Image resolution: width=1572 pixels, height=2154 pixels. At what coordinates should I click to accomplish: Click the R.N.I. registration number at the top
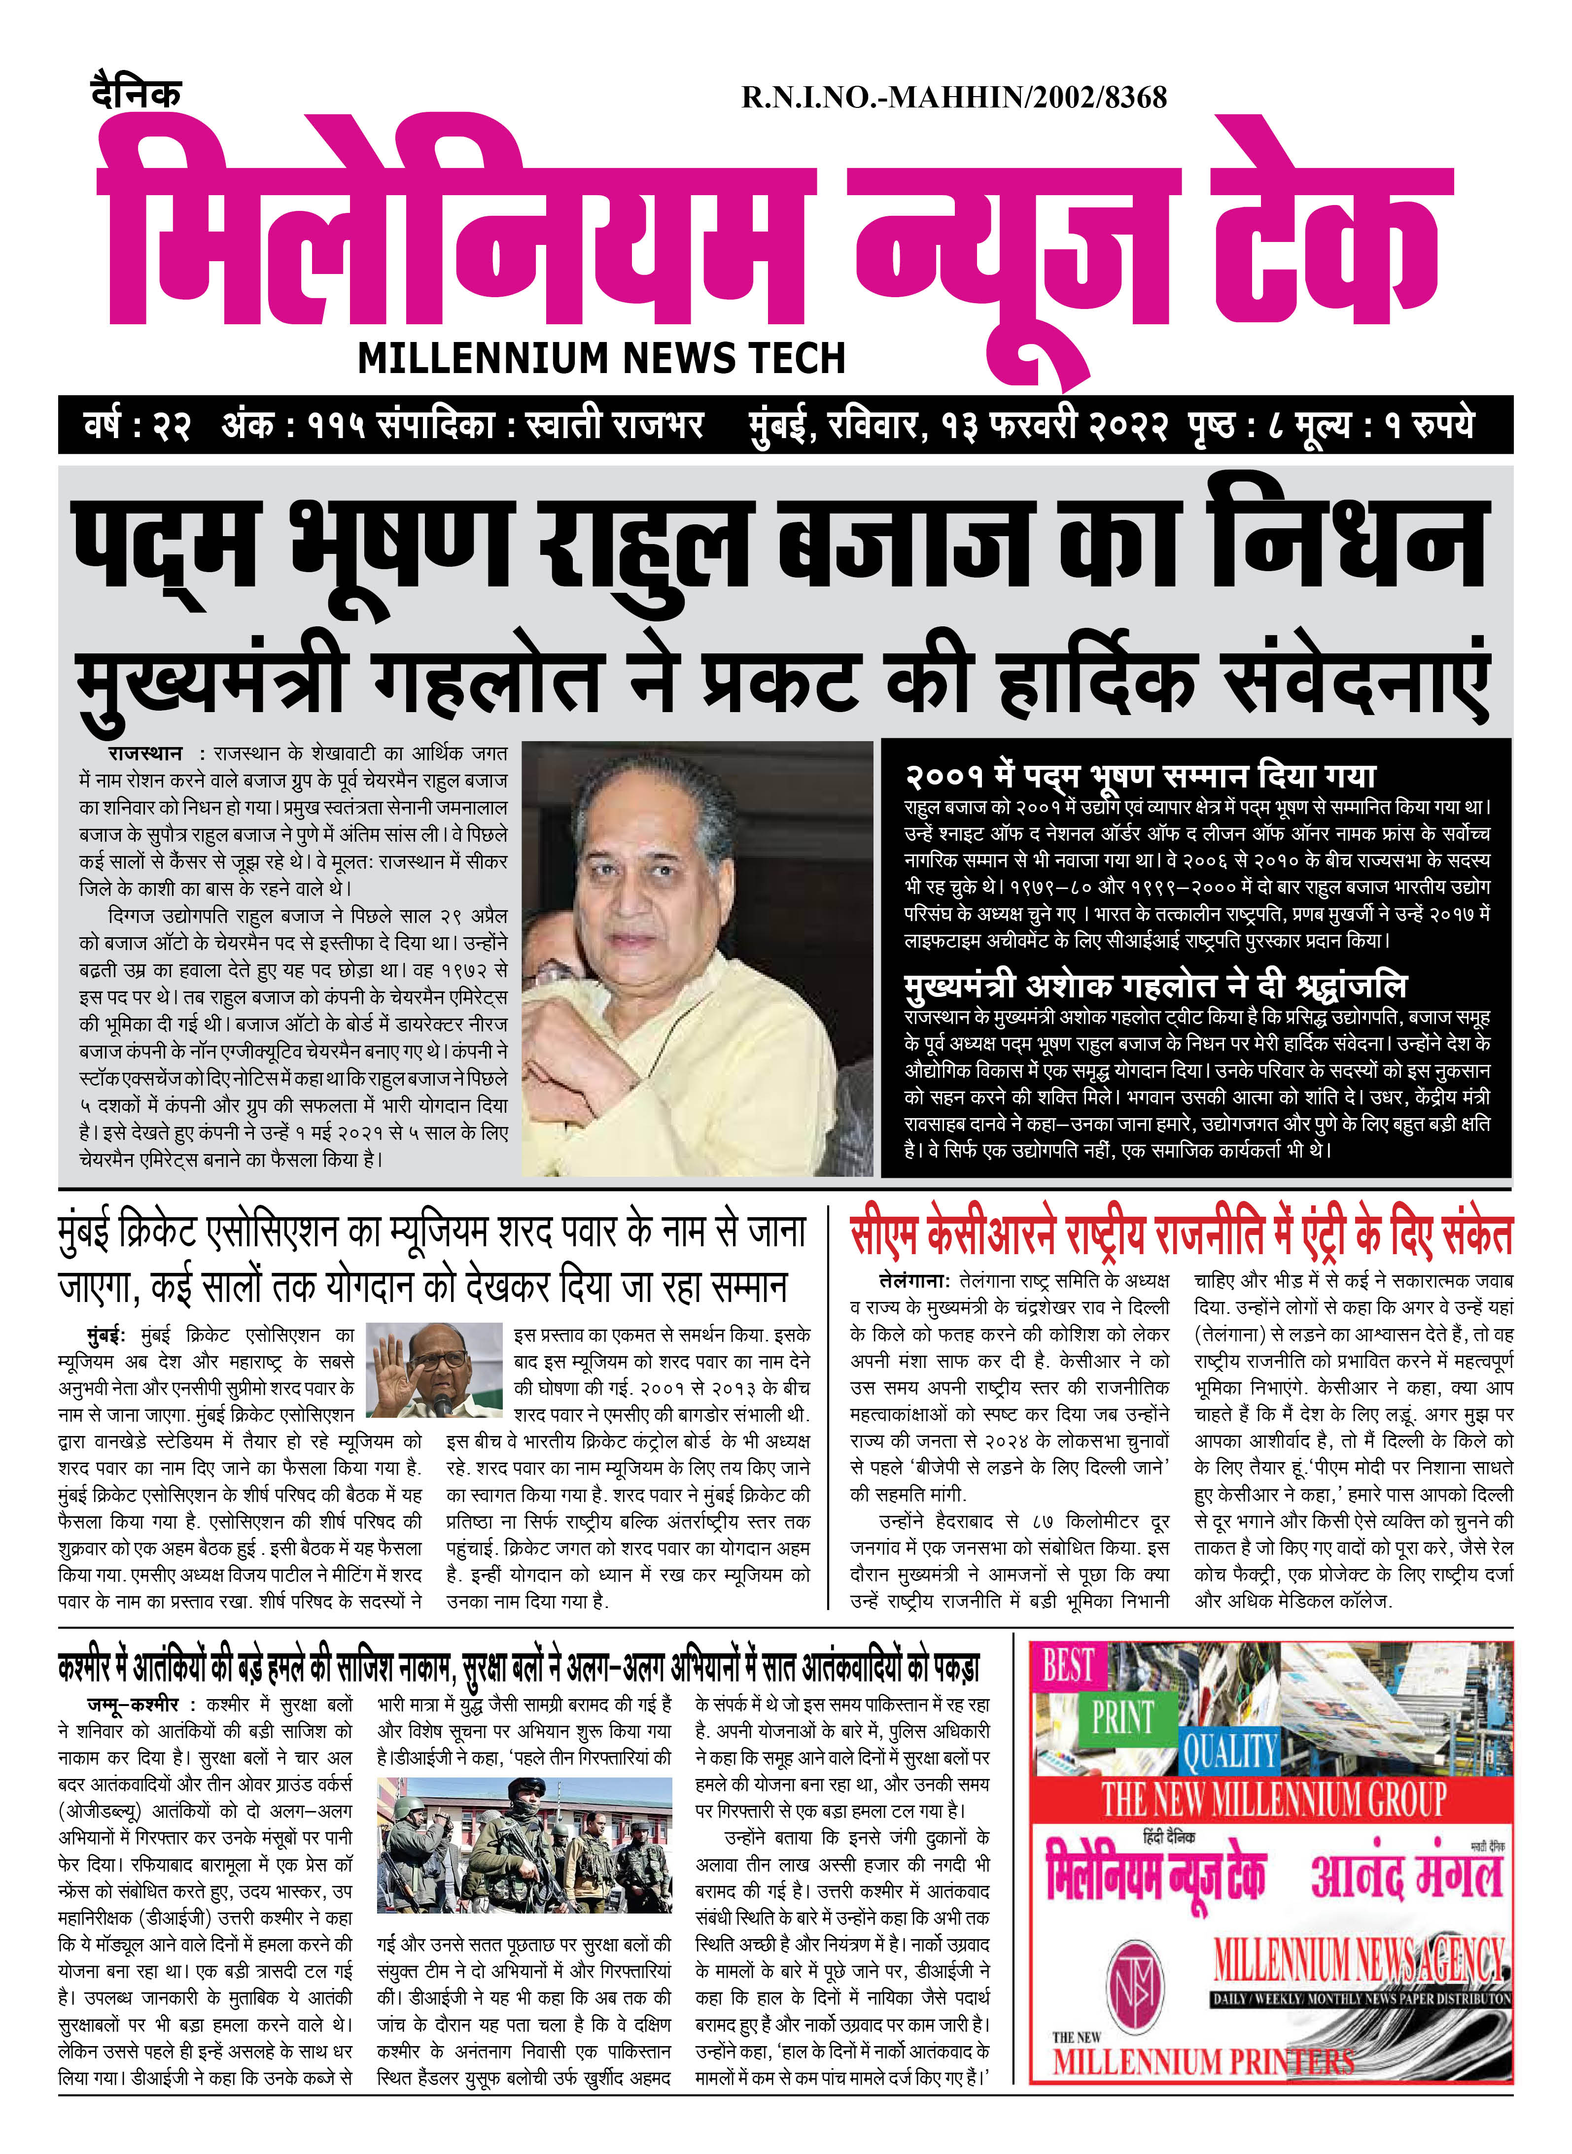[x=953, y=97]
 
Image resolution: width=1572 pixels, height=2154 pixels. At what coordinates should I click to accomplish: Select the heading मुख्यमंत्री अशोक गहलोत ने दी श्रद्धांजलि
[x=1155, y=986]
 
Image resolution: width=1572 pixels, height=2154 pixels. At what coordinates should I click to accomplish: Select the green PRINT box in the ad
[x=1122, y=1718]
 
